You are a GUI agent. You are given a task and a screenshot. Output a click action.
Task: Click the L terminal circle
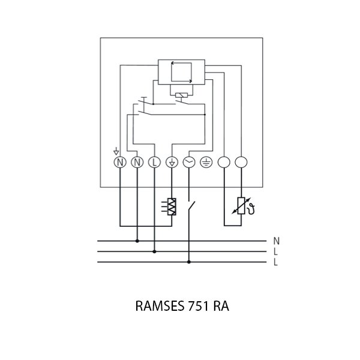[154, 163]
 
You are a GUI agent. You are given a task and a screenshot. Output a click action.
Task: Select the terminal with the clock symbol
[189, 163]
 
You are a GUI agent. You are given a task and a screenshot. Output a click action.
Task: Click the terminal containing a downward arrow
[172, 163]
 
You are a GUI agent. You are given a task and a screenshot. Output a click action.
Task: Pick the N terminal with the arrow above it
[119, 163]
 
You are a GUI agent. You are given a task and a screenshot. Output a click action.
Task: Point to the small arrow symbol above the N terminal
[116, 152]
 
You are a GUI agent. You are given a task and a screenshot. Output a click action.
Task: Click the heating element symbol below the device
[172, 206]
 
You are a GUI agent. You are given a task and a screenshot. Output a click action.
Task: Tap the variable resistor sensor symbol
[241, 206]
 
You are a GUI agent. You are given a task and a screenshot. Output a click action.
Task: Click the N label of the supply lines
[276, 241]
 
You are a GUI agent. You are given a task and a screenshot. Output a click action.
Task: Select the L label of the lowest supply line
[276, 262]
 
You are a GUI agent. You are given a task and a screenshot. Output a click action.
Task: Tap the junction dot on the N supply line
[137, 241]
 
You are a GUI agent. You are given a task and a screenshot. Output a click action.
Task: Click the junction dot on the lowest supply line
[189, 262]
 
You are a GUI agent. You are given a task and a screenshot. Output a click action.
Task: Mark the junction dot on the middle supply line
[154, 251]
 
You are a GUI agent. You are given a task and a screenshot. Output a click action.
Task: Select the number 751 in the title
[197, 306]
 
